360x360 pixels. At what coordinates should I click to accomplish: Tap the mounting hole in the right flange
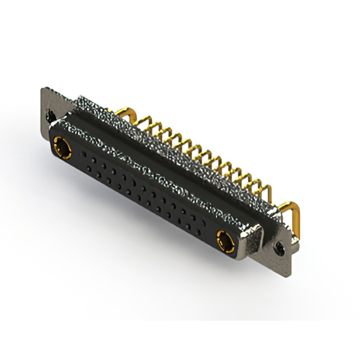tap(278, 246)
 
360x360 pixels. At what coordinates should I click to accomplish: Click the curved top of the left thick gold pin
tap(130, 111)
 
